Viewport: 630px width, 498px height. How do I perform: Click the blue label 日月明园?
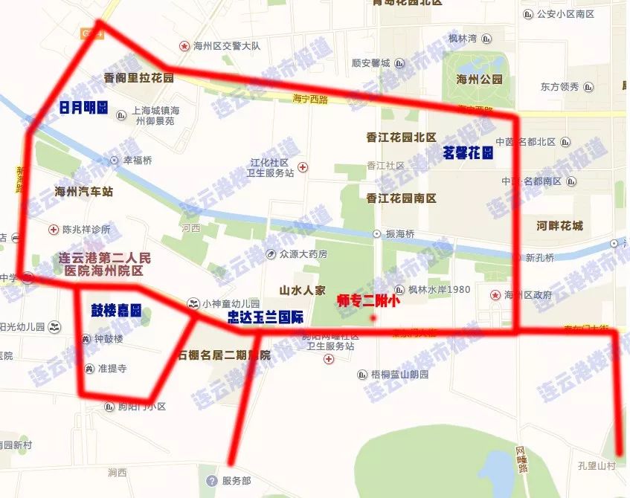(x=83, y=108)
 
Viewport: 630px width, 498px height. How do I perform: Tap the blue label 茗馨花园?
(x=469, y=153)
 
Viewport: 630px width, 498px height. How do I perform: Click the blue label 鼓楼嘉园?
(x=116, y=310)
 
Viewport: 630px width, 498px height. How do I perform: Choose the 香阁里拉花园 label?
(x=139, y=78)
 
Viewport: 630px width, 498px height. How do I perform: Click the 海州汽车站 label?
(x=84, y=192)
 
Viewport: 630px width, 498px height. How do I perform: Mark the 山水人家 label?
(x=303, y=290)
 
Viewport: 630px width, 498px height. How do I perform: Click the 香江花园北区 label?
(x=401, y=137)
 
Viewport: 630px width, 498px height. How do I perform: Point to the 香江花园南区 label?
(x=401, y=198)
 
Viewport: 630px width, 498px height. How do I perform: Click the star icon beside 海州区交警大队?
(x=184, y=46)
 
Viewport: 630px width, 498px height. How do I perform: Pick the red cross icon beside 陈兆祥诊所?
(x=54, y=229)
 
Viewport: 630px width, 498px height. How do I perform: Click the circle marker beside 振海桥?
(x=376, y=233)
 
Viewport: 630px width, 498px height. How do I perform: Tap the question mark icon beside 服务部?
(x=212, y=481)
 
